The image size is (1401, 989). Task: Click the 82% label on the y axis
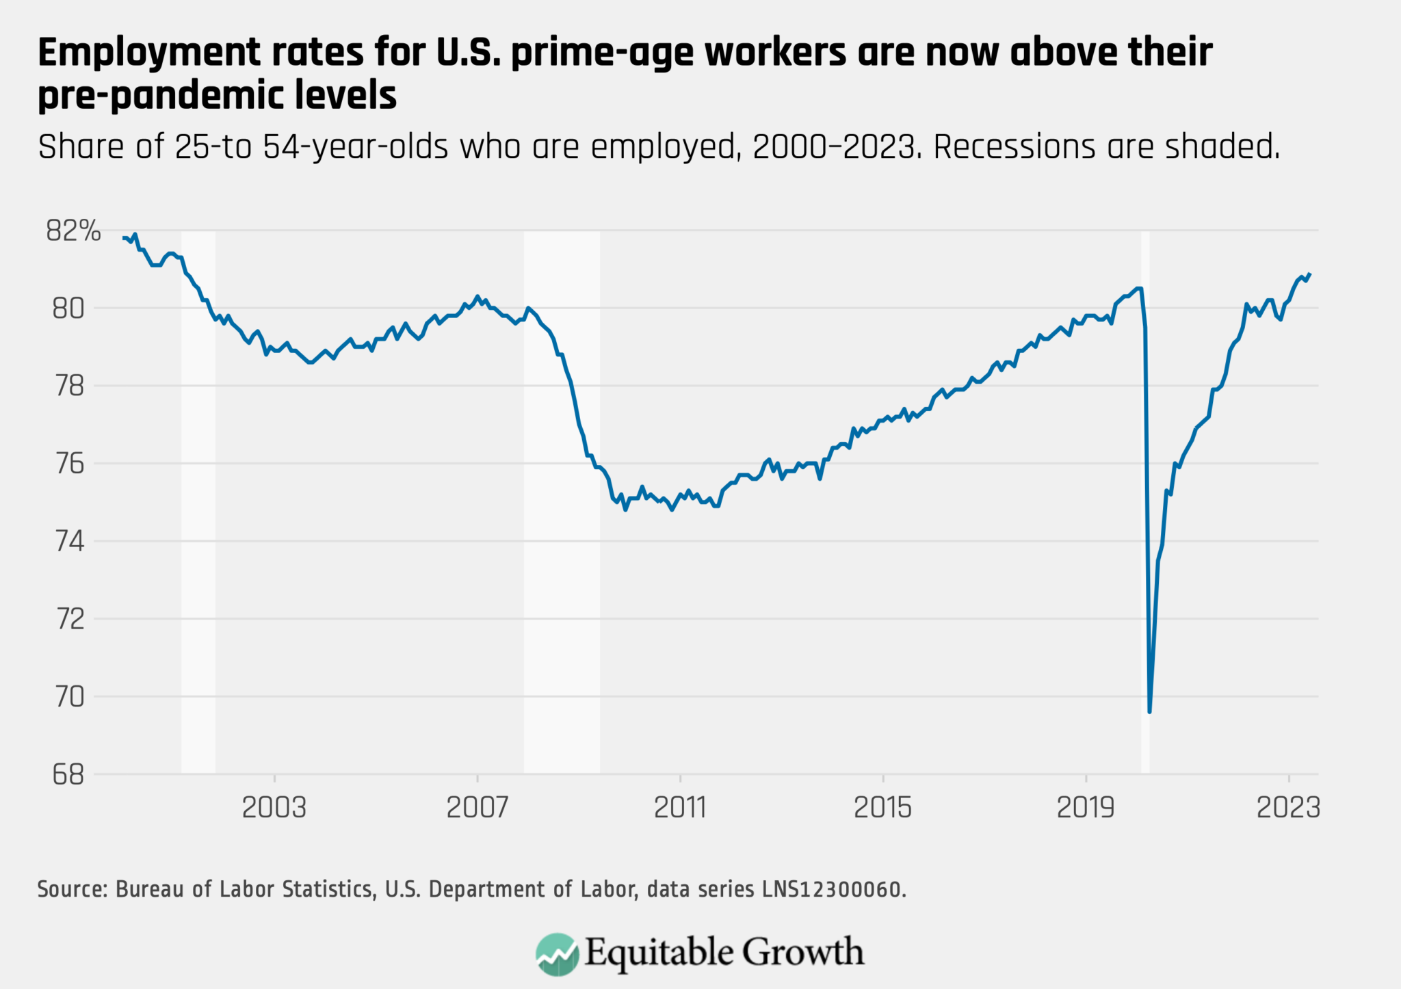pyautogui.click(x=73, y=231)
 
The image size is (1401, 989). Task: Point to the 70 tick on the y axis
pyautogui.click(x=68, y=697)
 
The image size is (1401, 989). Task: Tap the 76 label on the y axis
pyautogui.click(x=68, y=464)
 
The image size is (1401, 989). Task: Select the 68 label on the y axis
pyautogui.click(x=68, y=775)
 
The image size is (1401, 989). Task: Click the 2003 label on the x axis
pyautogui.click(x=274, y=808)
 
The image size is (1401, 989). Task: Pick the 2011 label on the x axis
pyautogui.click(x=680, y=808)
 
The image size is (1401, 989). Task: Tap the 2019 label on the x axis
pyautogui.click(x=1086, y=808)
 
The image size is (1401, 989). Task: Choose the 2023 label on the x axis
pyautogui.click(x=1288, y=808)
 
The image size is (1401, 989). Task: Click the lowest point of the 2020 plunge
pyautogui.click(x=1149, y=711)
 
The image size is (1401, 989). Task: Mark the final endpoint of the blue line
pyautogui.click(x=1309, y=274)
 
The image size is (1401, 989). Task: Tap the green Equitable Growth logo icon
pyautogui.click(x=557, y=953)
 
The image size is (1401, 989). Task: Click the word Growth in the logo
pyautogui.click(x=803, y=952)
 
